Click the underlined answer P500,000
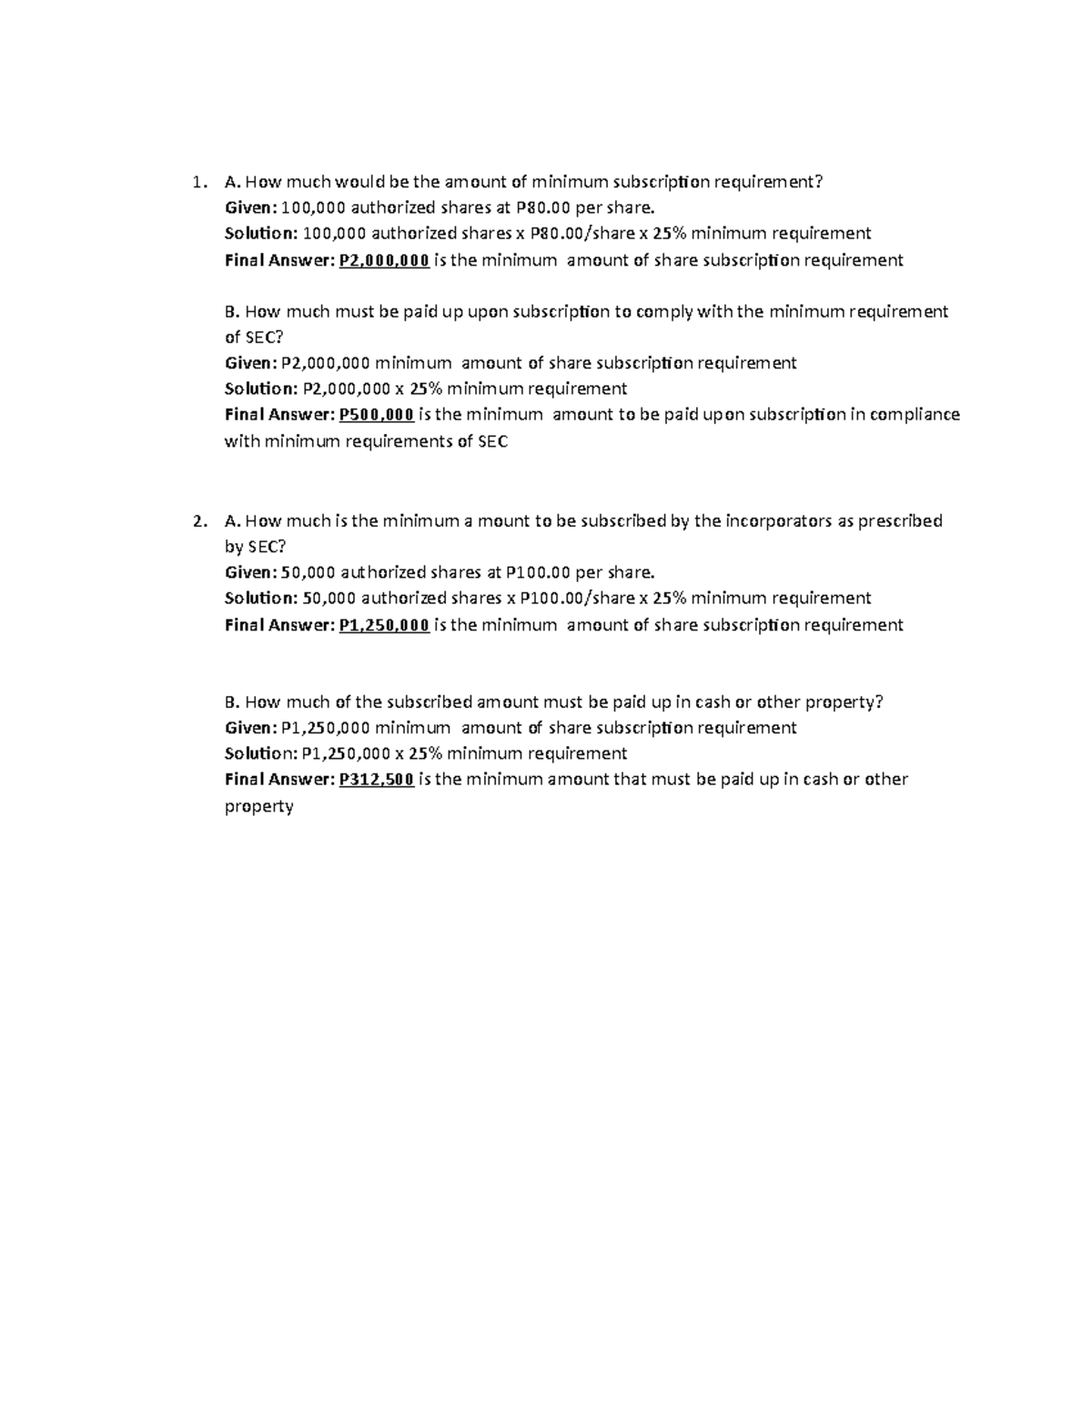[376, 415]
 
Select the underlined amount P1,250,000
[383, 625]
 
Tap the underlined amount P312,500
[376, 780]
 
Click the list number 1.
[197, 183]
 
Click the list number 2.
[197, 521]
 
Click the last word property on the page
[259, 807]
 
